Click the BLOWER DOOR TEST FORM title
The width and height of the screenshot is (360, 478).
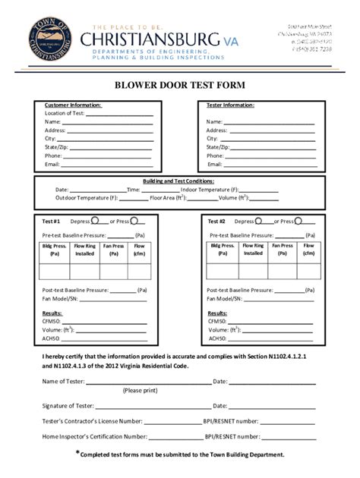(x=179, y=86)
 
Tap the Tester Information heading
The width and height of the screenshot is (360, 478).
(x=230, y=105)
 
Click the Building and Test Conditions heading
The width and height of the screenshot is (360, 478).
(x=179, y=181)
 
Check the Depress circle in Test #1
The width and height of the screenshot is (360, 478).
(x=96, y=222)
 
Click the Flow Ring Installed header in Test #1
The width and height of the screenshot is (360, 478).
(x=84, y=250)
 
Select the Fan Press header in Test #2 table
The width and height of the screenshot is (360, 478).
(x=283, y=250)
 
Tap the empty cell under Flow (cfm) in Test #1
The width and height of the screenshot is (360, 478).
(x=139, y=271)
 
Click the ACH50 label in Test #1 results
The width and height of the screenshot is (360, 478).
(x=52, y=338)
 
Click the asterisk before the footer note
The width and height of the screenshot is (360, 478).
(x=77, y=453)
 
